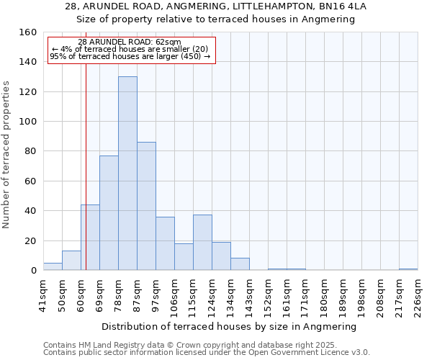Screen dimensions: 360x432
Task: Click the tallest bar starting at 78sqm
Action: point(127,174)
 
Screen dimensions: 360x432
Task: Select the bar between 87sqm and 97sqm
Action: point(146,207)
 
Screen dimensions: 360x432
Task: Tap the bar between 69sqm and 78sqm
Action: point(109,213)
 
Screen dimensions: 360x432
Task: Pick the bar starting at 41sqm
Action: point(53,266)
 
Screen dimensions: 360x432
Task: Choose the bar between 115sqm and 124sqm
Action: point(202,243)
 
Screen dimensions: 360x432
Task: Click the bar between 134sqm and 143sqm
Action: point(240,264)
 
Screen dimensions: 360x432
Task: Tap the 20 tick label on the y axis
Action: point(30,241)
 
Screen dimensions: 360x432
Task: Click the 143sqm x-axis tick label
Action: point(249,296)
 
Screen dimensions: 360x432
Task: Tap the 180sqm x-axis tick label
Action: point(324,296)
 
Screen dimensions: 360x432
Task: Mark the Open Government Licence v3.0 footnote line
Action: point(206,353)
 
